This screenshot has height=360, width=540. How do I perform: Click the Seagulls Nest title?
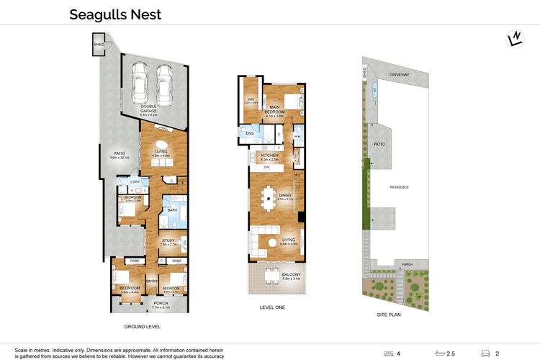point(115,14)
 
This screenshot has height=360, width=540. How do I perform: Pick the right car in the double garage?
point(165,78)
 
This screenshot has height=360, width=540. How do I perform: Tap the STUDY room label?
point(168,240)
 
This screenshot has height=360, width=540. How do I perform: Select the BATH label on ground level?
point(173,210)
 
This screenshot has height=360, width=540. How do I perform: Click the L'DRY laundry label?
point(135,181)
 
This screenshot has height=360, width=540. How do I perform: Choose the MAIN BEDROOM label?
point(274,110)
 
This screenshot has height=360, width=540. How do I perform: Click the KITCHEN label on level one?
point(269,156)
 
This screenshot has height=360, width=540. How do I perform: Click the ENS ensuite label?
point(249,134)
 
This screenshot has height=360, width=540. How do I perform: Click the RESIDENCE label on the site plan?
point(400,187)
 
